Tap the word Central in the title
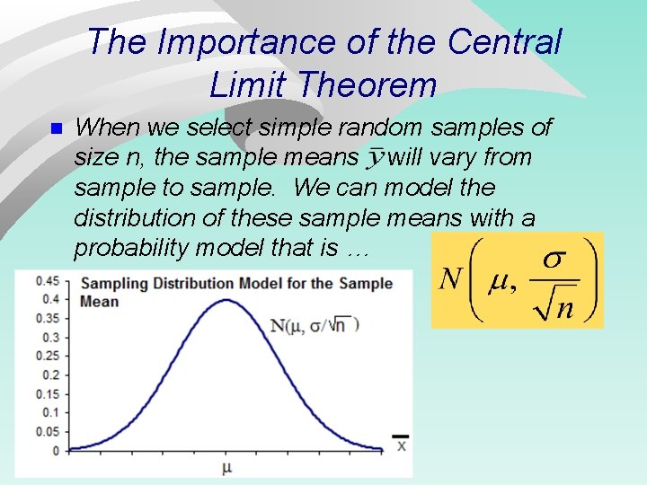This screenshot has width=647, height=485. (505, 42)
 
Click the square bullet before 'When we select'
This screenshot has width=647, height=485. (56, 129)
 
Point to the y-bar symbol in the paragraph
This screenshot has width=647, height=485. (375, 159)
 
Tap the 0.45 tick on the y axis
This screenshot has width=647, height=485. (48, 281)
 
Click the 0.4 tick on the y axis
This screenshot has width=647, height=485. (51, 299)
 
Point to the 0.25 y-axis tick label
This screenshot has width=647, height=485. (48, 356)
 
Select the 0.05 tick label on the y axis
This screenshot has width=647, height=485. (48, 431)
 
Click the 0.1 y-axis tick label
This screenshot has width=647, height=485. (51, 412)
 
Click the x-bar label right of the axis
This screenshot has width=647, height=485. (401, 443)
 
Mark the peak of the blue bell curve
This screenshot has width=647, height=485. (226, 300)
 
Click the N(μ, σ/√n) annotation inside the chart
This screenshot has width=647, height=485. (315, 325)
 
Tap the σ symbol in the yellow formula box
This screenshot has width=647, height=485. (554, 260)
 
